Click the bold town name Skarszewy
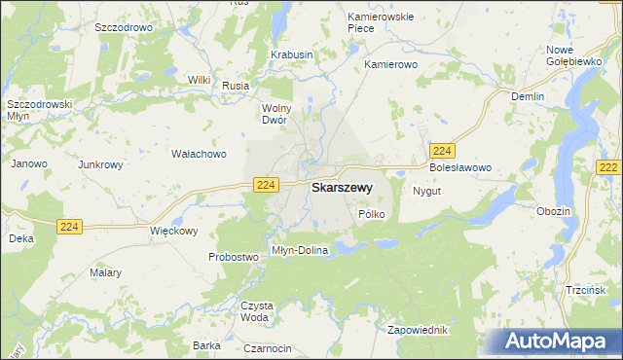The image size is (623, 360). [x=341, y=188]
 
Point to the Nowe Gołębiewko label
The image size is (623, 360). [x=573, y=55]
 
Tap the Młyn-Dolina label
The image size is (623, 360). [x=300, y=250]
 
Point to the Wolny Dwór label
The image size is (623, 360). [x=278, y=114]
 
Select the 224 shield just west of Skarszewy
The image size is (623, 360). [x=266, y=185]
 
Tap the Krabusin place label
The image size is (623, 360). [x=291, y=55]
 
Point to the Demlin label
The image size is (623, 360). [x=529, y=96]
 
